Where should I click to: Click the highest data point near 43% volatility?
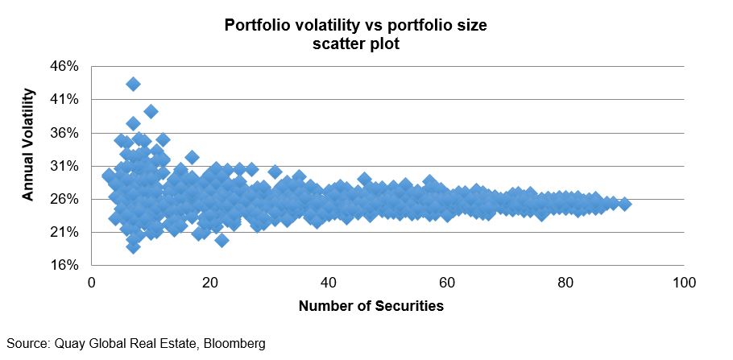coord(133,84)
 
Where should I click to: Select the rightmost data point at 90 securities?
coord(624,204)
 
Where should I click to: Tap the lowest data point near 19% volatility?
coord(133,246)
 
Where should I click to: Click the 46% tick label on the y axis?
coord(66,67)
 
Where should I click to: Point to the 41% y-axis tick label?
coord(66,100)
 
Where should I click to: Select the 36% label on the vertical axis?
coord(66,133)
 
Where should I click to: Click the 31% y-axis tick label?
coord(66,166)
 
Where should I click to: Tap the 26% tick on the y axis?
coord(66,199)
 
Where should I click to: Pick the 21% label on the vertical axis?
coord(66,232)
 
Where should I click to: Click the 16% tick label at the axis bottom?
coord(66,265)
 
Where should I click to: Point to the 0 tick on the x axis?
coord(91,283)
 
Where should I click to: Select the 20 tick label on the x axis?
coord(209,283)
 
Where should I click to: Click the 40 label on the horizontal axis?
coord(328,283)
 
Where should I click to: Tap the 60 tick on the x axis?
coord(447,283)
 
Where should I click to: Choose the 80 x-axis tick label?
coord(565,283)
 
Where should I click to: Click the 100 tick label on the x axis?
coord(684,283)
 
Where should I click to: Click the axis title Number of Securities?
coord(371,306)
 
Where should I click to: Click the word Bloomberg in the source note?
coord(235,344)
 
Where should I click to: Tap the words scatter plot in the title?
coord(355,45)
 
